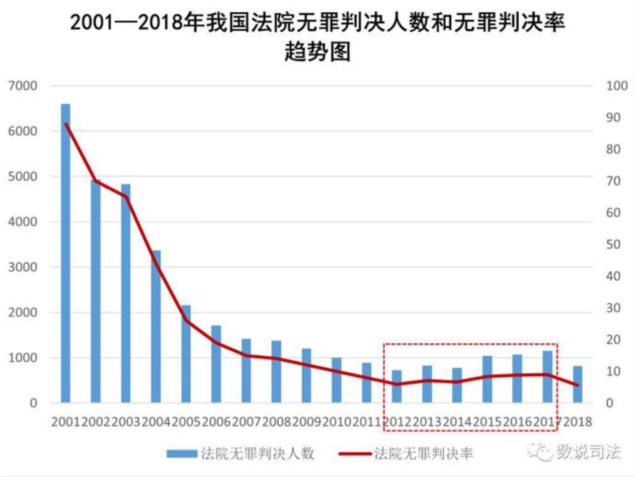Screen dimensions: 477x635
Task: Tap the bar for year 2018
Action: (x=577, y=385)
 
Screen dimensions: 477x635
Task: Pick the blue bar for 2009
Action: (x=306, y=376)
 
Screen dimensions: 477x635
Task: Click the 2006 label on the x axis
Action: (x=216, y=421)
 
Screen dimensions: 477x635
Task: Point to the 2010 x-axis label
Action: (x=337, y=421)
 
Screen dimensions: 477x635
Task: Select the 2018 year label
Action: (x=577, y=421)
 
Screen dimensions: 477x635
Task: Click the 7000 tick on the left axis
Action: (x=23, y=86)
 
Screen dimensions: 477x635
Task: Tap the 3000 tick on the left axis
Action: (x=23, y=267)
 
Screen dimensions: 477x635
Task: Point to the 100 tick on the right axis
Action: (x=617, y=86)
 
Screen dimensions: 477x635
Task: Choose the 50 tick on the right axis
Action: (x=613, y=244)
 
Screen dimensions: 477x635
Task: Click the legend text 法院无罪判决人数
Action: (x=257, y=453)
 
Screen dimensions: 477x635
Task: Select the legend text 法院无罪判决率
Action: (x=423, y=453)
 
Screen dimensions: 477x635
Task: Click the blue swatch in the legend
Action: (x=181, y=453)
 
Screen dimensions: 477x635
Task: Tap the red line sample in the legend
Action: (x=355, y=454)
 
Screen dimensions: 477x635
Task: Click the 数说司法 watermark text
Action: (x=588, y=452)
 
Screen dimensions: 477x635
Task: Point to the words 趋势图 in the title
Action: (x=317, y=51)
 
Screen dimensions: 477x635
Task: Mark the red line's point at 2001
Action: (x=66, y=124)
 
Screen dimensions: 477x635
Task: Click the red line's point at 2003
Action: (x=126, y=196)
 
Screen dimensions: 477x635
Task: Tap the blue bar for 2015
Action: (x=487, y=379)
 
